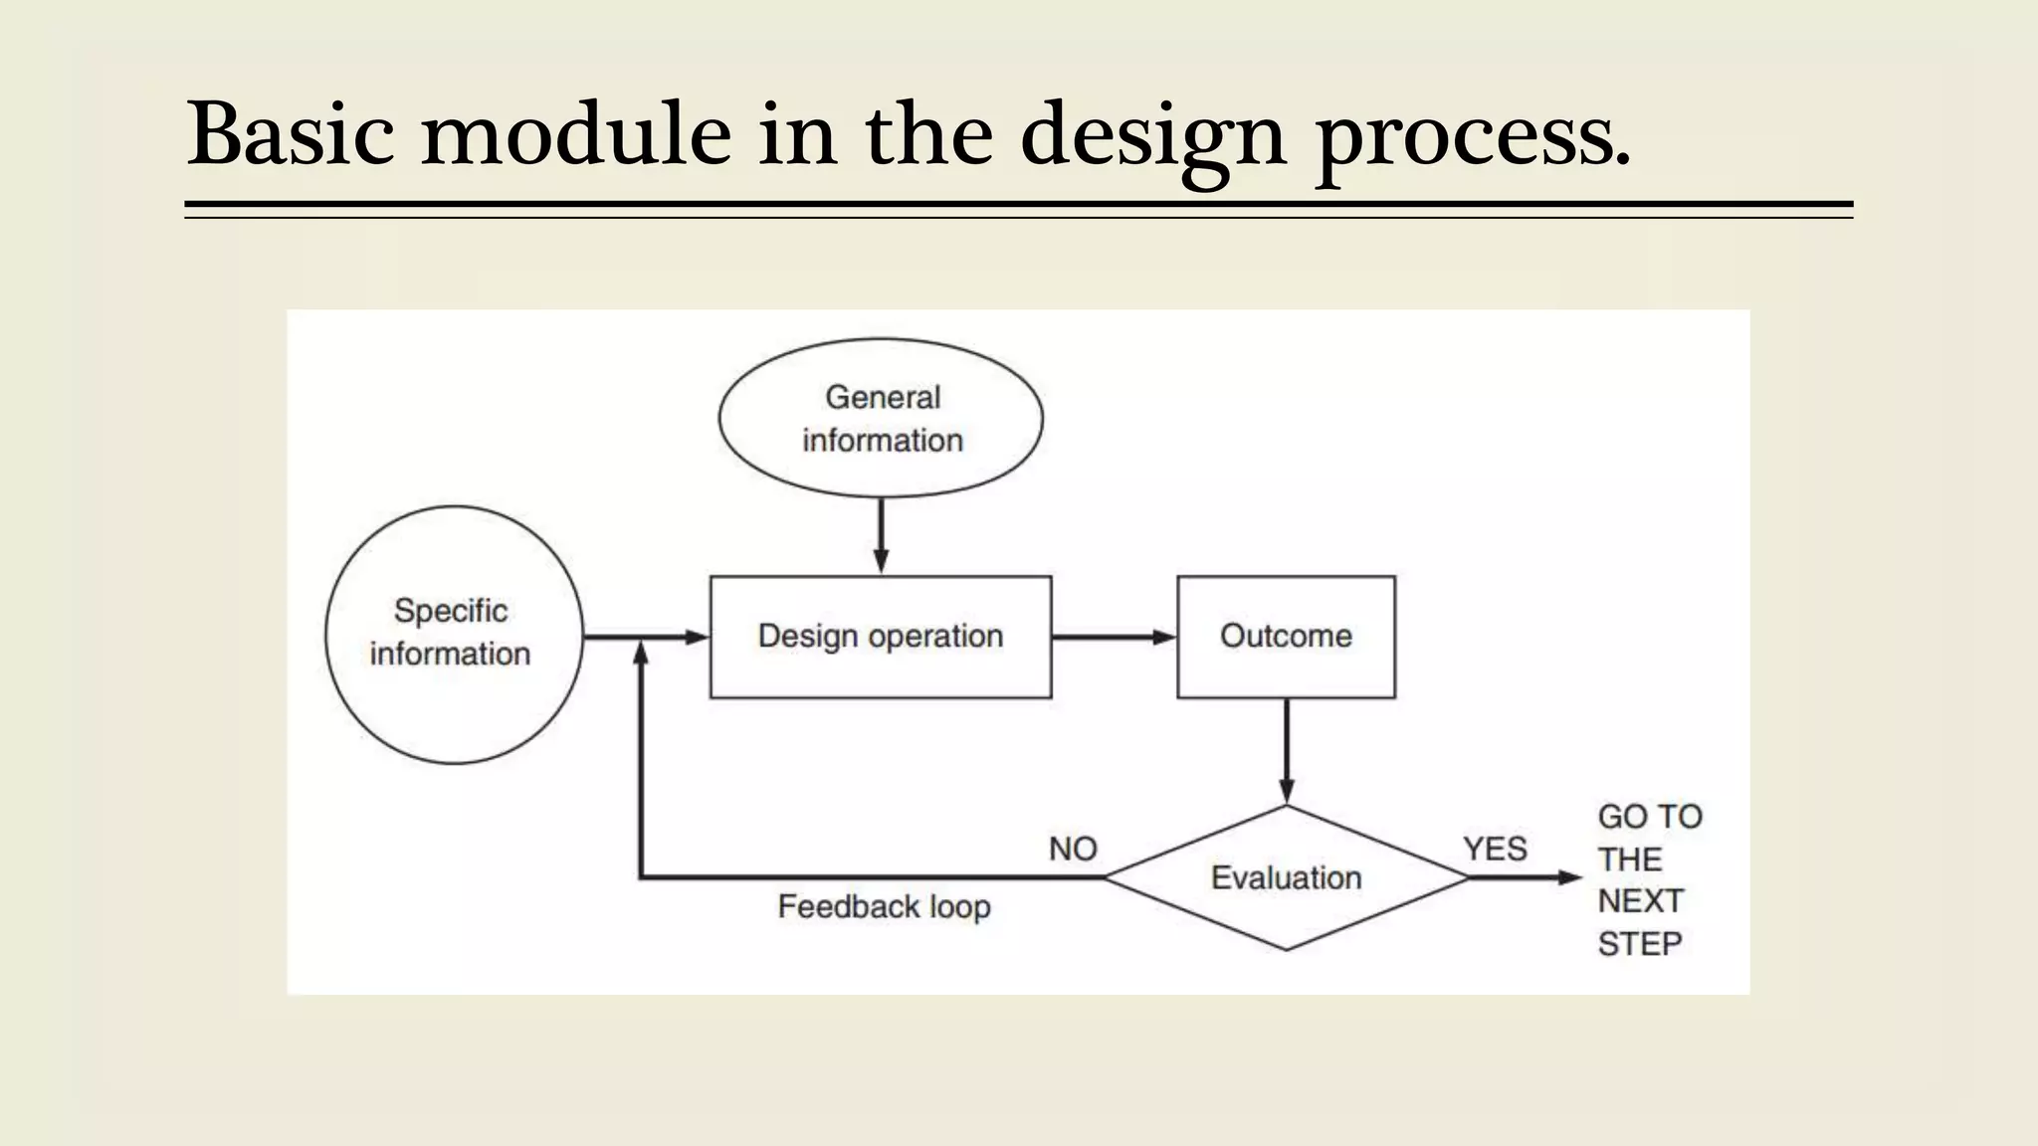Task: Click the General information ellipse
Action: click(882, 419)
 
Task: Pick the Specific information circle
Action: click(454, 634)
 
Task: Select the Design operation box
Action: click(880, 637)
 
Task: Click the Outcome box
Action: click(1286, 637)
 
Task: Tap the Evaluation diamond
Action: click(1286, 877)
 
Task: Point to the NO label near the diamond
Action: click(1073, 849)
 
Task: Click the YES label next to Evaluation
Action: click(1495, 849)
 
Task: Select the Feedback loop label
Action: click(884, 906)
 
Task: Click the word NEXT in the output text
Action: click(1640, 900)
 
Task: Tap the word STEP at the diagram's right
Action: click(1640, 943)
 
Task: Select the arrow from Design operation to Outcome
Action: click(1113, 637)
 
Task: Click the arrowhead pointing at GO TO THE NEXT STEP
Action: click(1570, 877)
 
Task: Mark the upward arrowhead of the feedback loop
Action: click(641, 654)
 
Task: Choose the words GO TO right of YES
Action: click(1649, 817)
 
